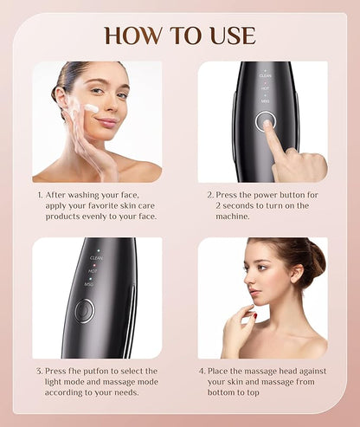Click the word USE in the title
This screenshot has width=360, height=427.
(x=234, y=36)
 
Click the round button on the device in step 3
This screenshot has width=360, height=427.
(x=85, y=311)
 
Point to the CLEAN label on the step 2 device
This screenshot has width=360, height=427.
(x=266, y=75)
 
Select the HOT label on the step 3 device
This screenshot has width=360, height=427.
(x=93, y=271)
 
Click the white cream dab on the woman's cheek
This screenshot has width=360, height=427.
(x=92, y=108)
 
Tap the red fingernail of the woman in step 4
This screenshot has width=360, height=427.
(x=255, y=316)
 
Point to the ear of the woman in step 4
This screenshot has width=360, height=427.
(x=297, y=273)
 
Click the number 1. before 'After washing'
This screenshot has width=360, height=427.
(x=40, y=195)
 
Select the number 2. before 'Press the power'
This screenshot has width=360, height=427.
(x=210, y=195)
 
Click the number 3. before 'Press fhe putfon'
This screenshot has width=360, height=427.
(x=40, y=372)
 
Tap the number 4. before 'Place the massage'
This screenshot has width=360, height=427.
(x=202, y=372)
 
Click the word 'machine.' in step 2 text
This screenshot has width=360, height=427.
(x=233, y=217)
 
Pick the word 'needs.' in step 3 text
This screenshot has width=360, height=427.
(x=127, y=392)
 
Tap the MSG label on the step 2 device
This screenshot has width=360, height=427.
(x=265, y=101)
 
